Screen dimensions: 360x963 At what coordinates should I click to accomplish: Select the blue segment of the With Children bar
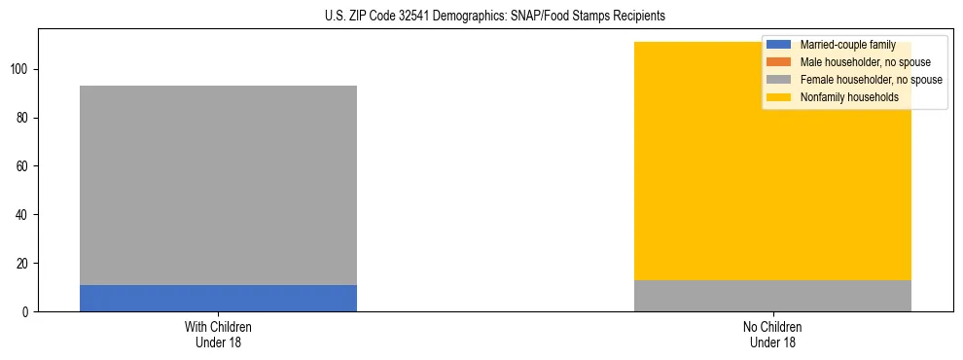click(218, 298)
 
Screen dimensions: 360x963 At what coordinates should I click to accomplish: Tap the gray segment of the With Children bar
click(218, 185)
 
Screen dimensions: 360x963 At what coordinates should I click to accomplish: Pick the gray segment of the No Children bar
click(772, 296)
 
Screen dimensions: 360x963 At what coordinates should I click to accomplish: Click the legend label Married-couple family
click(847, 45)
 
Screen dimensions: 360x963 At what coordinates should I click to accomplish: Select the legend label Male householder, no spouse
click(858, 62)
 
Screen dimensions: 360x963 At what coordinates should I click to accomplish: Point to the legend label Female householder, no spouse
click(871, 80)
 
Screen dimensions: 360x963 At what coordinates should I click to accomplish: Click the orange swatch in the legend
click(779, 62)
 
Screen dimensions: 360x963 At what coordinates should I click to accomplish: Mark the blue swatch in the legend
click(779, 45)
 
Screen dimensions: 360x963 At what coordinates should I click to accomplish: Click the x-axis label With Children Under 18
click(218, 334)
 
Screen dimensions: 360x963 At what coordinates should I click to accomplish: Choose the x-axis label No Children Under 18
click(772, 334)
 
